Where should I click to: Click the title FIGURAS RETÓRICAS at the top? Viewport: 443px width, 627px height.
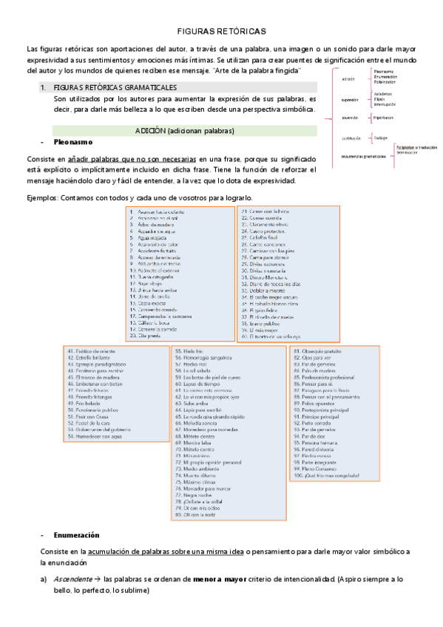point(221,32)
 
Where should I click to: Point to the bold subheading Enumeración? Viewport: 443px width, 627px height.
point(76,535)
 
